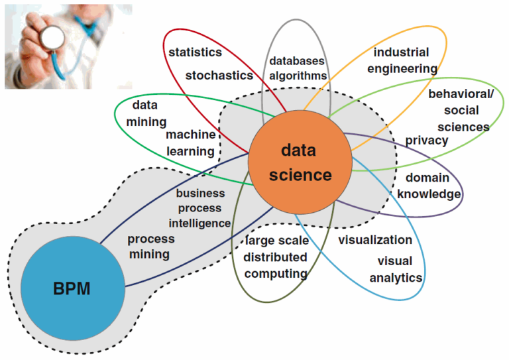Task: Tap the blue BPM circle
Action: [72, 289]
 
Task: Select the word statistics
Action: [195, 52]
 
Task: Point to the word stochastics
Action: [219, 75]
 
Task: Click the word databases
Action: [296, 61]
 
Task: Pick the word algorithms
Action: [298, 76]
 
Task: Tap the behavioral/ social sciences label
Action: [461, 110]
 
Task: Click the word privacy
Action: [427, 140]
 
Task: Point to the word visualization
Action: [375, 240]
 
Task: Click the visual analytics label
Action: [396, 269]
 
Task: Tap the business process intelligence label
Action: [199, 208]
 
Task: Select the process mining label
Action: [150, 246]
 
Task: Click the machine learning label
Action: [190, 143]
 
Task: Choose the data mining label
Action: [144, 113]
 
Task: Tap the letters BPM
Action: [72, 289]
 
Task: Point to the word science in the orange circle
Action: [300, 175]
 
